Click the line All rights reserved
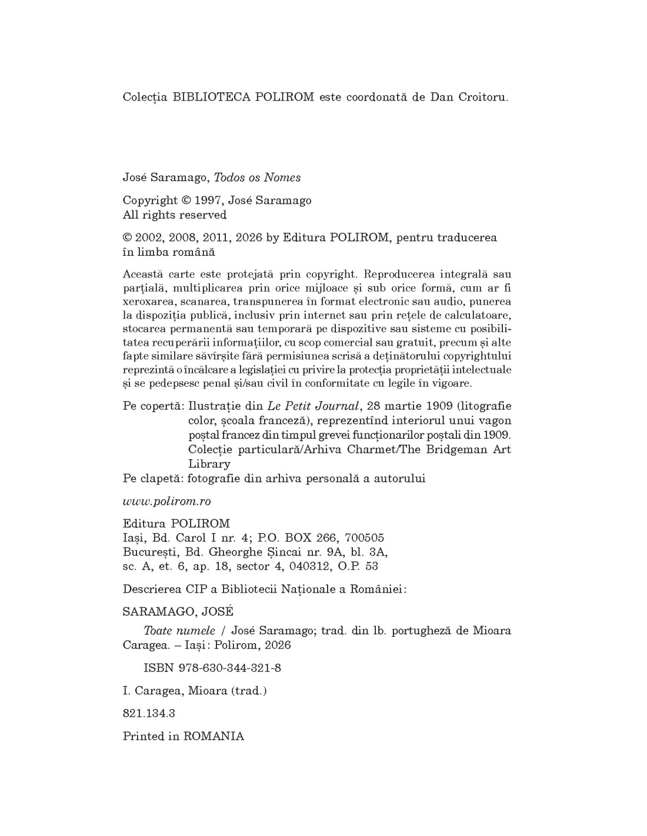coord(174,215)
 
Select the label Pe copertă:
coord(154,406)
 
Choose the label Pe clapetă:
coord(154,479)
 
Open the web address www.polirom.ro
coord(166,501)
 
